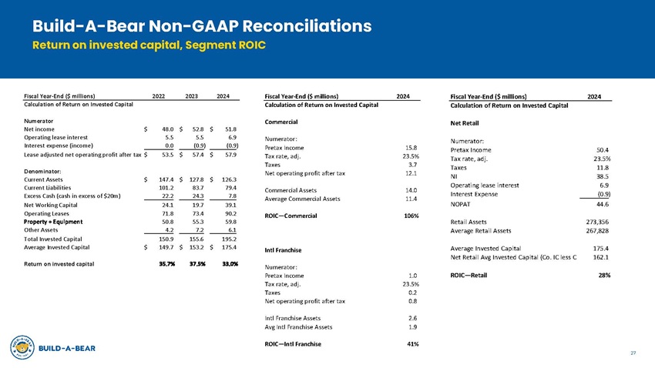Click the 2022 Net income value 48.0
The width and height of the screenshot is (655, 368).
pyautogui.click(x=163, y=129)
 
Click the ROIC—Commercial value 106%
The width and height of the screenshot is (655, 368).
pyautogui.click(x=411, y=215)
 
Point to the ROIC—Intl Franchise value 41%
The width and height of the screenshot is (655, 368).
pyautogui.click(x=411, y=343)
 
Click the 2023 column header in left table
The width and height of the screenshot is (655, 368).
pyautogui.click(x=193, y=95)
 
